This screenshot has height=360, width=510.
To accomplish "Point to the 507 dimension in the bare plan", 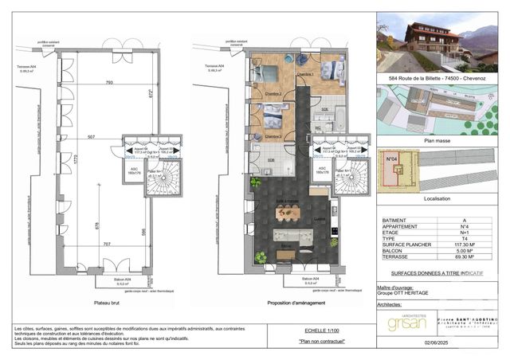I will pyautogui.click(x=92, y=137).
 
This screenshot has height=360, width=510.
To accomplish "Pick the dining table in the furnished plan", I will pyautogui.click(x=288, y=213).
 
